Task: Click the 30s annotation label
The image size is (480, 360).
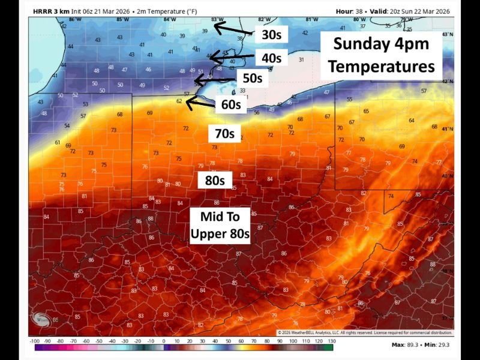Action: pos(271,35)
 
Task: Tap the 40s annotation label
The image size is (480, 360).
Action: pos(271,58)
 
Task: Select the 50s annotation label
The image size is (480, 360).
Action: pos(253,78)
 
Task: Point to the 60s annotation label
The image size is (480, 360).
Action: pos(231,104)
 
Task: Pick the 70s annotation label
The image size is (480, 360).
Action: pos(224,133)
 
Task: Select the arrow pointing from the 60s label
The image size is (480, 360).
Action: pos(202,103)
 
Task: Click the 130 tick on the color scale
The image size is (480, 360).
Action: pos(329,341)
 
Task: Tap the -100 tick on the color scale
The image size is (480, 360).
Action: pos(34,341)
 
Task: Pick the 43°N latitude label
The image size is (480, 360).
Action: pos(446,34)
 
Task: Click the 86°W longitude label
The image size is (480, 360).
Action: pos(75,20)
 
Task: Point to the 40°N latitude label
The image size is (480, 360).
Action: pos(447,176)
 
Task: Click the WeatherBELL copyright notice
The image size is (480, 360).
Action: pos(365,332)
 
